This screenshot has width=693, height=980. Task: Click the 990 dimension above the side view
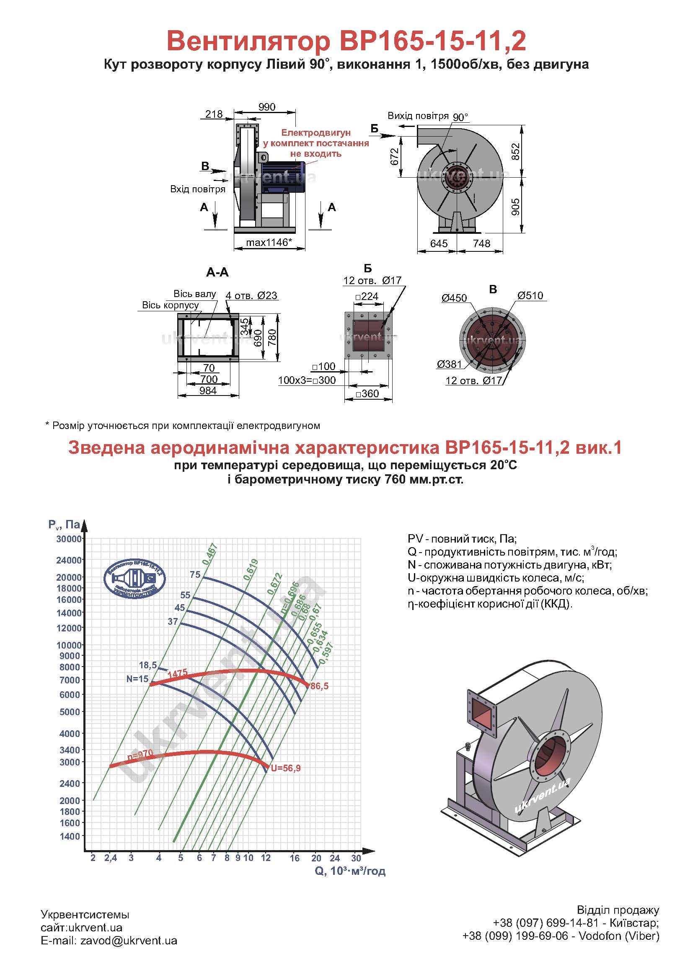(267, 107)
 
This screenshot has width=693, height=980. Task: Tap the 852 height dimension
(515, 152)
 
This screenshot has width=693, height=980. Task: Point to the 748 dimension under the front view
(481, 243)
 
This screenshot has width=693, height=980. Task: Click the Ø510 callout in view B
(530, 295)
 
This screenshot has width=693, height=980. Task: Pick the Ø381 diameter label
(449, 364)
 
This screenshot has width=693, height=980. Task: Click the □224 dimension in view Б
(367, 296)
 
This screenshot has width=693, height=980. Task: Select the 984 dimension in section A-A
(208, 390)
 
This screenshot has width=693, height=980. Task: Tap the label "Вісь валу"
(194, 294)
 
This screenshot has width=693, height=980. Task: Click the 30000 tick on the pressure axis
(69, 539)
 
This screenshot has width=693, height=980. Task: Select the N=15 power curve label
(137, 679)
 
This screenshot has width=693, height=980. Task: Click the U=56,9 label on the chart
(285, 768)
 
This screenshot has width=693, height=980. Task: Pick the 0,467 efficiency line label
(210, 554)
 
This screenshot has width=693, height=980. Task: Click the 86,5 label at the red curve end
(320, 686)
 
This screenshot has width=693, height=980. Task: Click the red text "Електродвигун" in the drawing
(316, 133)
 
